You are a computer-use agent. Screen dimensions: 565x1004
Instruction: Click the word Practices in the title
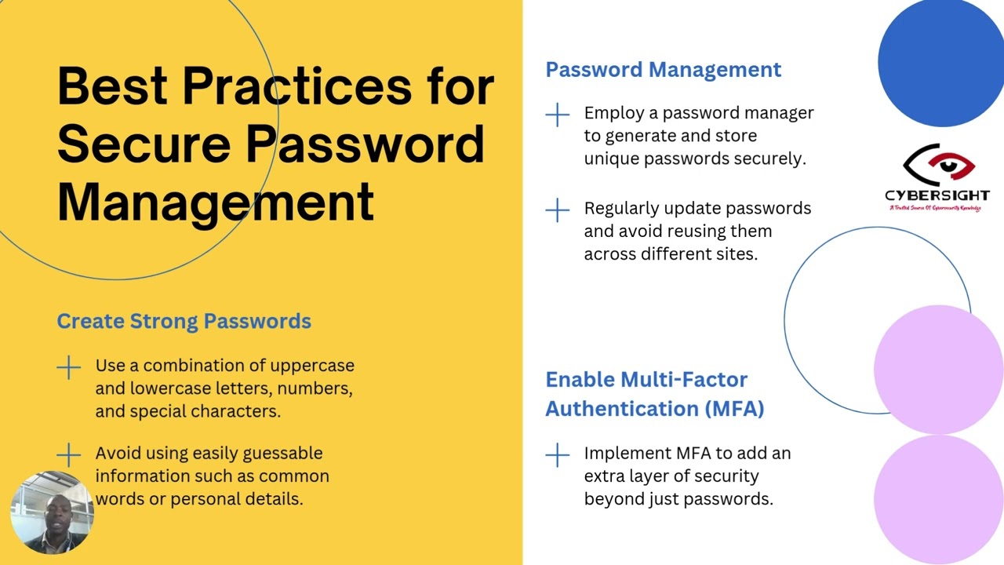pos(296,86)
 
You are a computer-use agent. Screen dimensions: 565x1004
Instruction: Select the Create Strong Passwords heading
pos(184,321)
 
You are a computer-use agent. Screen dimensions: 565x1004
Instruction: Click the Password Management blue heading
pos(663,70)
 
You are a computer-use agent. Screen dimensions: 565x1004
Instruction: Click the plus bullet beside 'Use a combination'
pos(69,367)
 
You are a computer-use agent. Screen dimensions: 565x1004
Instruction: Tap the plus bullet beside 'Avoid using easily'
pos(69,454)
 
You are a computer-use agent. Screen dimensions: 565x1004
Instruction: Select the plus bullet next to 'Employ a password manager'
pos(558,115)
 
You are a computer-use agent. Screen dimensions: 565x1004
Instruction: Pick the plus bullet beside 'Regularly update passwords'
pos(558,210)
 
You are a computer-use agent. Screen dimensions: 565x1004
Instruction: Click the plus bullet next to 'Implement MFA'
pos(558,454)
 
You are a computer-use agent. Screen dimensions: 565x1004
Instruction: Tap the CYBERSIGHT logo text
pos(937,195)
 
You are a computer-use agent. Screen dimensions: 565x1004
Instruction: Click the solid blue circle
pos(940,63)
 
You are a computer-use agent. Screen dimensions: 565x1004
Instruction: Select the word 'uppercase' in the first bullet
pos(312,366)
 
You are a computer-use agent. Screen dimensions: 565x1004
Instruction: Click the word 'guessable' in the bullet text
pos(282,454)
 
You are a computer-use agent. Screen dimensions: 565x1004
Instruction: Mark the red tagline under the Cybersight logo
pos(934,208)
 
